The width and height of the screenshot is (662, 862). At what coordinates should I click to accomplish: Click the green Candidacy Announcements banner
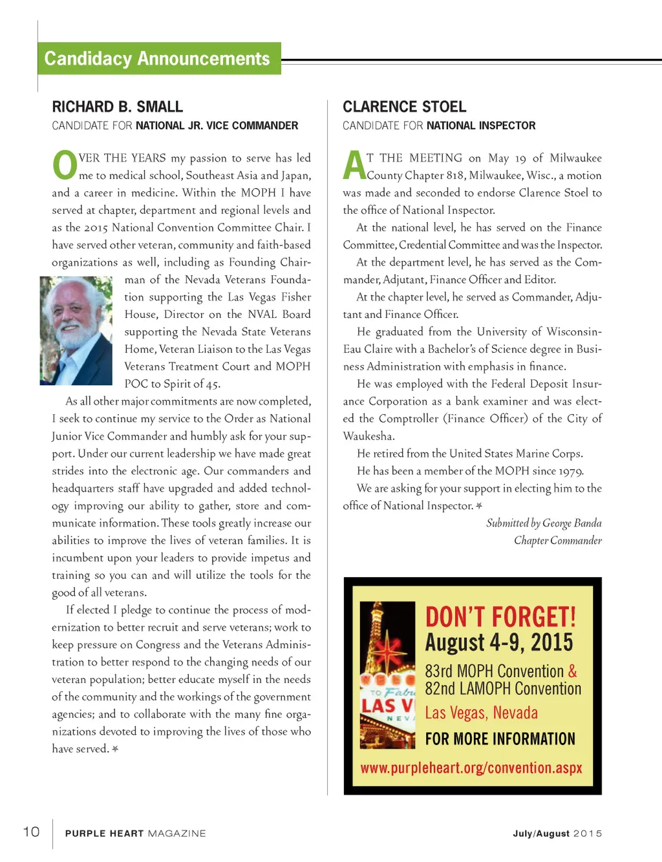click(x=158, y=59)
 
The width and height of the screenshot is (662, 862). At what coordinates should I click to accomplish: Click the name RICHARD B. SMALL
click(x=117, y=107)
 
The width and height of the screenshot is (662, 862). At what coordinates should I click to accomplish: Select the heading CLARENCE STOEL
click(x=404, y=107)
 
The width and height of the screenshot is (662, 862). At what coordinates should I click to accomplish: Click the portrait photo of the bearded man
click(x=76, y=331)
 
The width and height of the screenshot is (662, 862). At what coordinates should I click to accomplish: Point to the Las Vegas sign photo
click(x=387, y=675)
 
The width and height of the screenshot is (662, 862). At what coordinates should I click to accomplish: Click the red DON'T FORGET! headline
click(x=500, y=617)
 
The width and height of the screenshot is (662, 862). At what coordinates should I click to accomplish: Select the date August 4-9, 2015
click(x=498, y=642)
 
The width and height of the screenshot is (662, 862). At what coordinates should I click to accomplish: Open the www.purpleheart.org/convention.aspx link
click(x=471, y=768)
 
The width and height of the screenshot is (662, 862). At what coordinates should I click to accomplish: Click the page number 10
click(x=31, y=832)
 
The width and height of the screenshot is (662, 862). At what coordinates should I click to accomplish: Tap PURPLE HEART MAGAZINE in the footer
click(x=135, y=834)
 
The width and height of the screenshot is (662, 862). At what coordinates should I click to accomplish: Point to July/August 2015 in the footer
click(x=557, y=834)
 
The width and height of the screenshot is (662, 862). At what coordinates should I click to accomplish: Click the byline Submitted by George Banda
click(x=544, y=523)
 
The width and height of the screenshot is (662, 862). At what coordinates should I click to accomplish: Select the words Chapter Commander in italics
click(x=557, y=540)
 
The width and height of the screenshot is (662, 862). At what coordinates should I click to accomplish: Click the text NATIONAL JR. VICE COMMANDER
click(x=217, y=125)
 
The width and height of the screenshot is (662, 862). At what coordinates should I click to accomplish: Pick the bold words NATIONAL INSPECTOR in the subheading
click(x=481, y=125)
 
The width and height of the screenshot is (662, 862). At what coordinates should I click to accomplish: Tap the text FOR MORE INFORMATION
click(x=500, y=739)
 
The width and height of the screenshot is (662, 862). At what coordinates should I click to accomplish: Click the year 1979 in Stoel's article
click(x=571, y=471)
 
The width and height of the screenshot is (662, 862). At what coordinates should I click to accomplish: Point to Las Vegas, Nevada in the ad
click(x=481, y=713)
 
